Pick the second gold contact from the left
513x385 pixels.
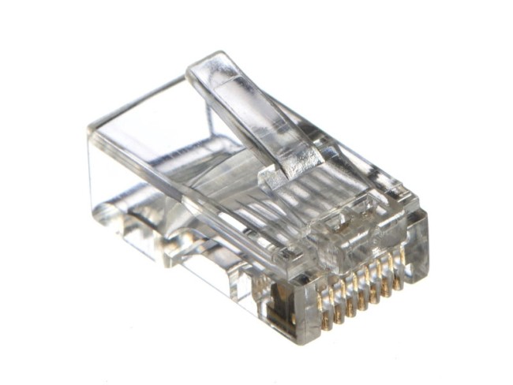335,301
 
